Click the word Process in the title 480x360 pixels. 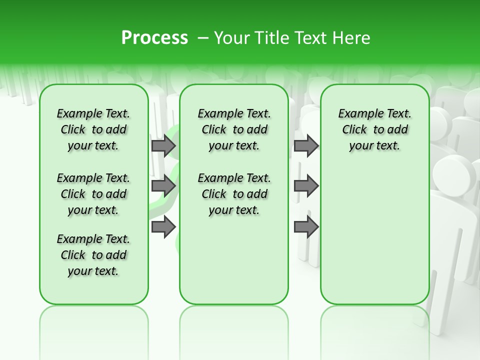click(154, 38)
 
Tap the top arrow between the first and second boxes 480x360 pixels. click(163, 145)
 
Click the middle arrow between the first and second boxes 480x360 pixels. click(163, 186)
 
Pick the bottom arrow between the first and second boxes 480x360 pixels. click(163, 227)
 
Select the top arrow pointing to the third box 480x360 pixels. click(306, 145)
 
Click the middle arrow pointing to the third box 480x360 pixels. click(306, 186)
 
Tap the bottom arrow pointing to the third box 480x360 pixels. click(306, 227)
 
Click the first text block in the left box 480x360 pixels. click(93, 129)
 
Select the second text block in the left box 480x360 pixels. click(93, 194)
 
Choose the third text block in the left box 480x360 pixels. click(93, 255)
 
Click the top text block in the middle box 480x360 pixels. click(234, 129)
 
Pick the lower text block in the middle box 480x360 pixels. click(234, 194)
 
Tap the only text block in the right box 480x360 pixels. click(374, 129)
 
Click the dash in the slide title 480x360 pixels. click(203, 38)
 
